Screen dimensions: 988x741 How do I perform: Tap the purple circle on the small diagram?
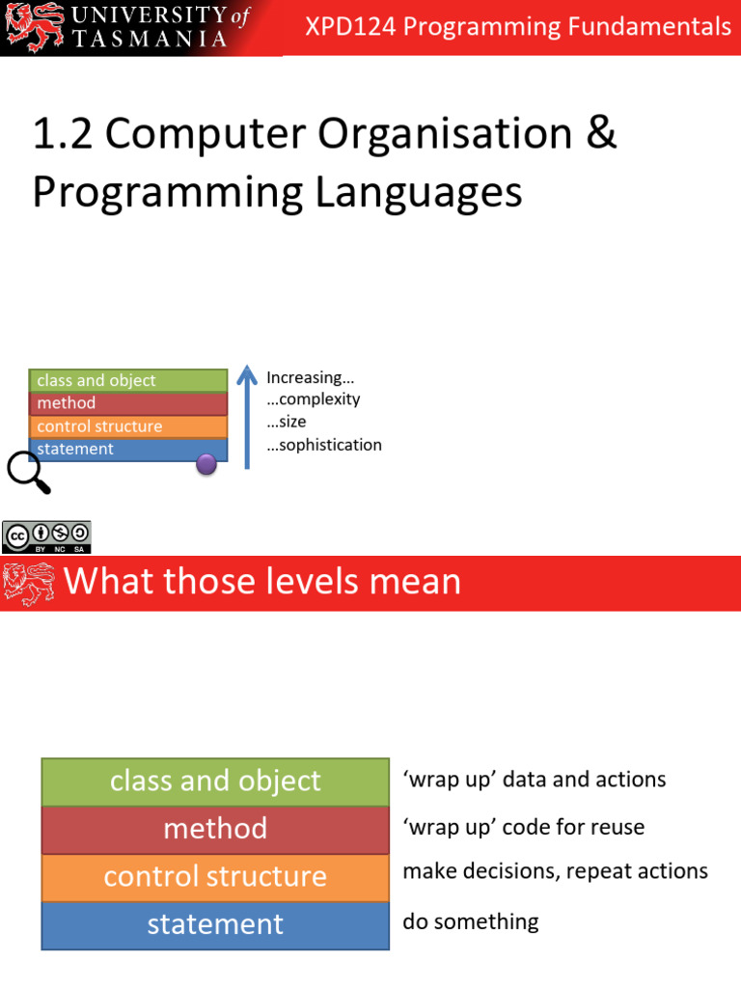click(206, 464)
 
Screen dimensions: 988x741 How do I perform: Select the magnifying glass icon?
click(27, 472)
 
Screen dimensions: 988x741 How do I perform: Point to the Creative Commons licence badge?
click(46, 537)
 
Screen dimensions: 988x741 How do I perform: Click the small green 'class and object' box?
click(128, 380)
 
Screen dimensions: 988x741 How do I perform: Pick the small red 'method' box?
click(128, 403)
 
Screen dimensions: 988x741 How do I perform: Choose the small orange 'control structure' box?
click(128, 426)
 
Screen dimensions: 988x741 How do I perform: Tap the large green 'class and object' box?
click(215, 781)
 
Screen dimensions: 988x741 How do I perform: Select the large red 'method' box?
click(215, 829)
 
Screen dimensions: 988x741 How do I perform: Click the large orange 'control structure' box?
click(215, 876)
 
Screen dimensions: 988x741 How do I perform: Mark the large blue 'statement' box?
click(215, 924)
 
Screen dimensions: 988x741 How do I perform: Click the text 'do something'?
click(471, 921)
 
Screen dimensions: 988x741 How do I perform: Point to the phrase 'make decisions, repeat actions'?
click(555, 871)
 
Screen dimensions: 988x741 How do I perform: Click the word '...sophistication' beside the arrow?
click(324, 445)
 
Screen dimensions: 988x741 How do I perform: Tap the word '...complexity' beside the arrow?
click(313, 399)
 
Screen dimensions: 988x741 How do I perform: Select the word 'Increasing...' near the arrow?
click(304, 377)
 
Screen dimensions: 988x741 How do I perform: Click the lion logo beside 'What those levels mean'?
click(29, 583)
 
